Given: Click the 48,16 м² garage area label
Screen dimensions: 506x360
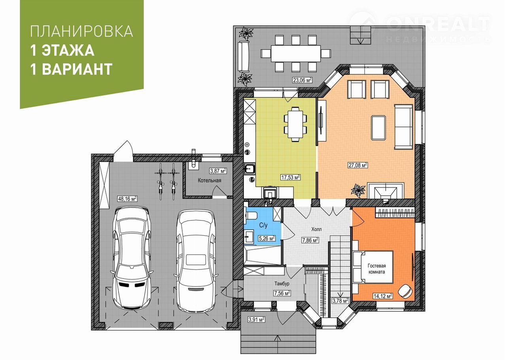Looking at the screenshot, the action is pyautogui.click(x=128, y=199).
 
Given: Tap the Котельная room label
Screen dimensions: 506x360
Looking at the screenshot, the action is pyautogui.click(x=210, y=180).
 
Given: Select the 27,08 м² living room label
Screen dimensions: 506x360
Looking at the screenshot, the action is pyautogui.click(x=358, y=165).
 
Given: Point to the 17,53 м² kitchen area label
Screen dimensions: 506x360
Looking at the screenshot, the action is pyautogui.click(x=291, y=177).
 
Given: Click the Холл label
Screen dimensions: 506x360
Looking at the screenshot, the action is pyautogui.click(x=317, y=229).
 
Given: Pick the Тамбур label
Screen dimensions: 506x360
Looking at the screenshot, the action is pyautogui.click(x=282, y=284).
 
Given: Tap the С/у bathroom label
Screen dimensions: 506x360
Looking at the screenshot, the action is pyautogui.click(x=263, y=225).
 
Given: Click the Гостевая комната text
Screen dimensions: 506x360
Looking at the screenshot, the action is pyautogui.click(x=377, y=269).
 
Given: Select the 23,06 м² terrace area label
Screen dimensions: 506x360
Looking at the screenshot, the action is pyautogui.click(x=303, y=80).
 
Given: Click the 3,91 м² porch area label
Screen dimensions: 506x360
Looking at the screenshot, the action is pyautogui.click(x=257, y=320).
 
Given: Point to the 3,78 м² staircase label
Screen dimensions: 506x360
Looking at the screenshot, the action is pyautogui.click(x=340, y=301).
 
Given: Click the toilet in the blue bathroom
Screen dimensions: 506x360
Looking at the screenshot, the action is pyautogui.click(x=251, y=215).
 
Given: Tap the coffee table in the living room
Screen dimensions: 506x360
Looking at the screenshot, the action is pyautogui.click(x=378, y=128).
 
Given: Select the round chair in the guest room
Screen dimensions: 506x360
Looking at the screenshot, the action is pyautogui.click(x=405, y=292).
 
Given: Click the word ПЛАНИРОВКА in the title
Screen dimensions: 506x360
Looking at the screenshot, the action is pyautogui.click(x=81, y=31).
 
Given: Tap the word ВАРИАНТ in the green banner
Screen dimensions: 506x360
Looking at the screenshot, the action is pyautogui.click(x=77, y=69).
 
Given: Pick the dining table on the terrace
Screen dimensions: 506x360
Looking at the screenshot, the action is pyautogui.click(x=296, y=53).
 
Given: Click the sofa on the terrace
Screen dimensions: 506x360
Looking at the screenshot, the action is pyautogui.click(x=243, y=56).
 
